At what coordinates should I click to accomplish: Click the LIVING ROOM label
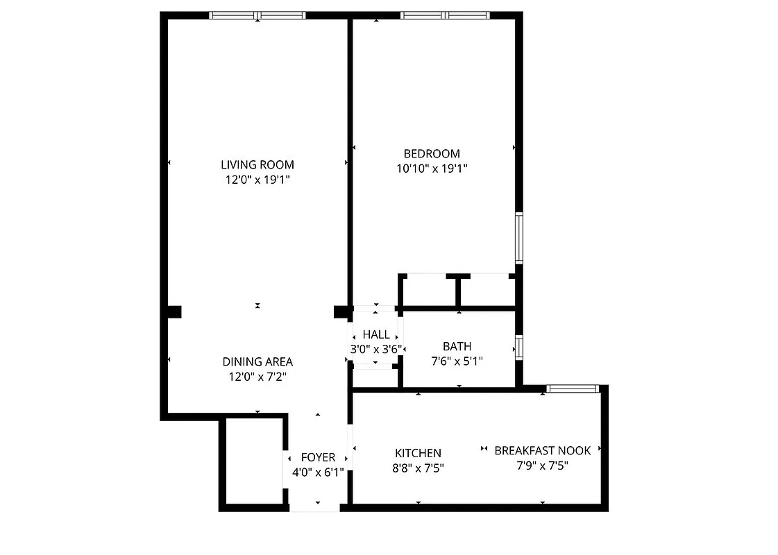(x=257, y=164)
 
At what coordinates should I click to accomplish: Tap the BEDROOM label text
(x=432, y=153)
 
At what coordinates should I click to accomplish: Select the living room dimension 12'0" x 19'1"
(x=257, y=180)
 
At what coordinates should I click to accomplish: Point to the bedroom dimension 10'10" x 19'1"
(x=432, y=169)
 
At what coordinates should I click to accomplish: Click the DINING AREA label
(x=257, y=361)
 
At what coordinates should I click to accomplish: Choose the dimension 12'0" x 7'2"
(x=257, y=377)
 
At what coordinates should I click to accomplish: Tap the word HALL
(x=376, y=335)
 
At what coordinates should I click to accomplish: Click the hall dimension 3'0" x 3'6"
(x=376, y=349)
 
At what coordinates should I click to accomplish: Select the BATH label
(x=457, y=346)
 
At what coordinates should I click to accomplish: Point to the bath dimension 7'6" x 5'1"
(x=457, y=361)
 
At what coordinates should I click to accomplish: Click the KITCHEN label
(x=418, y=453)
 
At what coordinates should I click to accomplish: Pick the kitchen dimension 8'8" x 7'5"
(x=418, y=468)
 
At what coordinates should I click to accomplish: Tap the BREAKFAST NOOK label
(x=543, y=450)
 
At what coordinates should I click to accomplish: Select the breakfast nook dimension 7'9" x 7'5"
(x=543, y=466)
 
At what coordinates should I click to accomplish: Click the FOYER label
(x=318, y=458)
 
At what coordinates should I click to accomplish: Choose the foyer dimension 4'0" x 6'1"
(x=318, y=473)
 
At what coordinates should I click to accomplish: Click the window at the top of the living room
(x=257, y=15)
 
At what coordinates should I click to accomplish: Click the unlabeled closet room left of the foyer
(x=253, y=462)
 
